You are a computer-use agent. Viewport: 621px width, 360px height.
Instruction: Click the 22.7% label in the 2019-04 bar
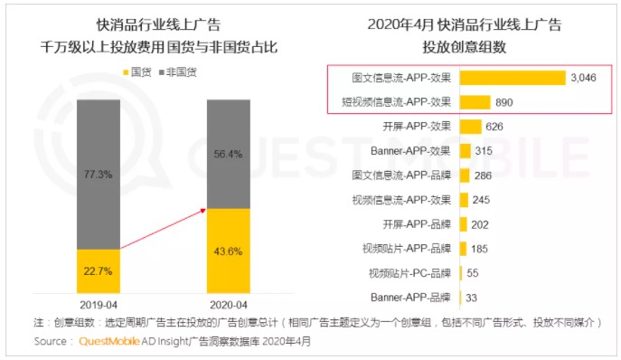(x=98, y=271)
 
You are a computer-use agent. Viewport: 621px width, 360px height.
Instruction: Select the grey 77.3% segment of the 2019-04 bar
(x=99, y=175)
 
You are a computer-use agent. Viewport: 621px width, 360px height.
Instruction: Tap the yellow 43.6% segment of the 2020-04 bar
(x=229, y=251)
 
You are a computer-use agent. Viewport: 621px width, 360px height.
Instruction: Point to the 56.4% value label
(x=228, y=155)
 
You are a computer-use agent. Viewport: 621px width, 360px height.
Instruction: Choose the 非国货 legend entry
(x=178, y=72)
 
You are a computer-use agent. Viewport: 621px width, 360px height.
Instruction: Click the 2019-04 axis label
(x=99, y=305)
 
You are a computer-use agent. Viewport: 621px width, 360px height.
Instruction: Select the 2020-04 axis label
(x=229, y=305)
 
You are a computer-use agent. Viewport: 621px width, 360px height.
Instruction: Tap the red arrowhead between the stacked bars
(x=203, y=211)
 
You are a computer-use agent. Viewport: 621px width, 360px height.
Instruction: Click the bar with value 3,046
(x=513, y=78)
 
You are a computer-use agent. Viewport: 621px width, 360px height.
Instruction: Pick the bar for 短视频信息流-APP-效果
(x=475, y=102)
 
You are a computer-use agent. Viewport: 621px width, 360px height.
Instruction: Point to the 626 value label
(x=494, y=127)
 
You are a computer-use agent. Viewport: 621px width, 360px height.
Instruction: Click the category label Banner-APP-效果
(x=410, y=151)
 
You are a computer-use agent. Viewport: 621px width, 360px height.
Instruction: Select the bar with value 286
(x=465, y=175)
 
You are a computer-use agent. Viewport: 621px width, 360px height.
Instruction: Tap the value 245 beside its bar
(x=481, y=200)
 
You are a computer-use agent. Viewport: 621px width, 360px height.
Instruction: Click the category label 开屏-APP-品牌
(x=417, y=224)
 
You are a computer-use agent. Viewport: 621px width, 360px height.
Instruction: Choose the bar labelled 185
(x=464, y=249)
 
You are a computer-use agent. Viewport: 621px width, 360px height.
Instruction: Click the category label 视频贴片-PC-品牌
(x=409, y=273)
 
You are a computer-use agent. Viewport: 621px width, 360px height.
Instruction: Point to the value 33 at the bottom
(x=471, y=298)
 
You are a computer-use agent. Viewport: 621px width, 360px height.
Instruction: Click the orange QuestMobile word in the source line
(x=109, y=341)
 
